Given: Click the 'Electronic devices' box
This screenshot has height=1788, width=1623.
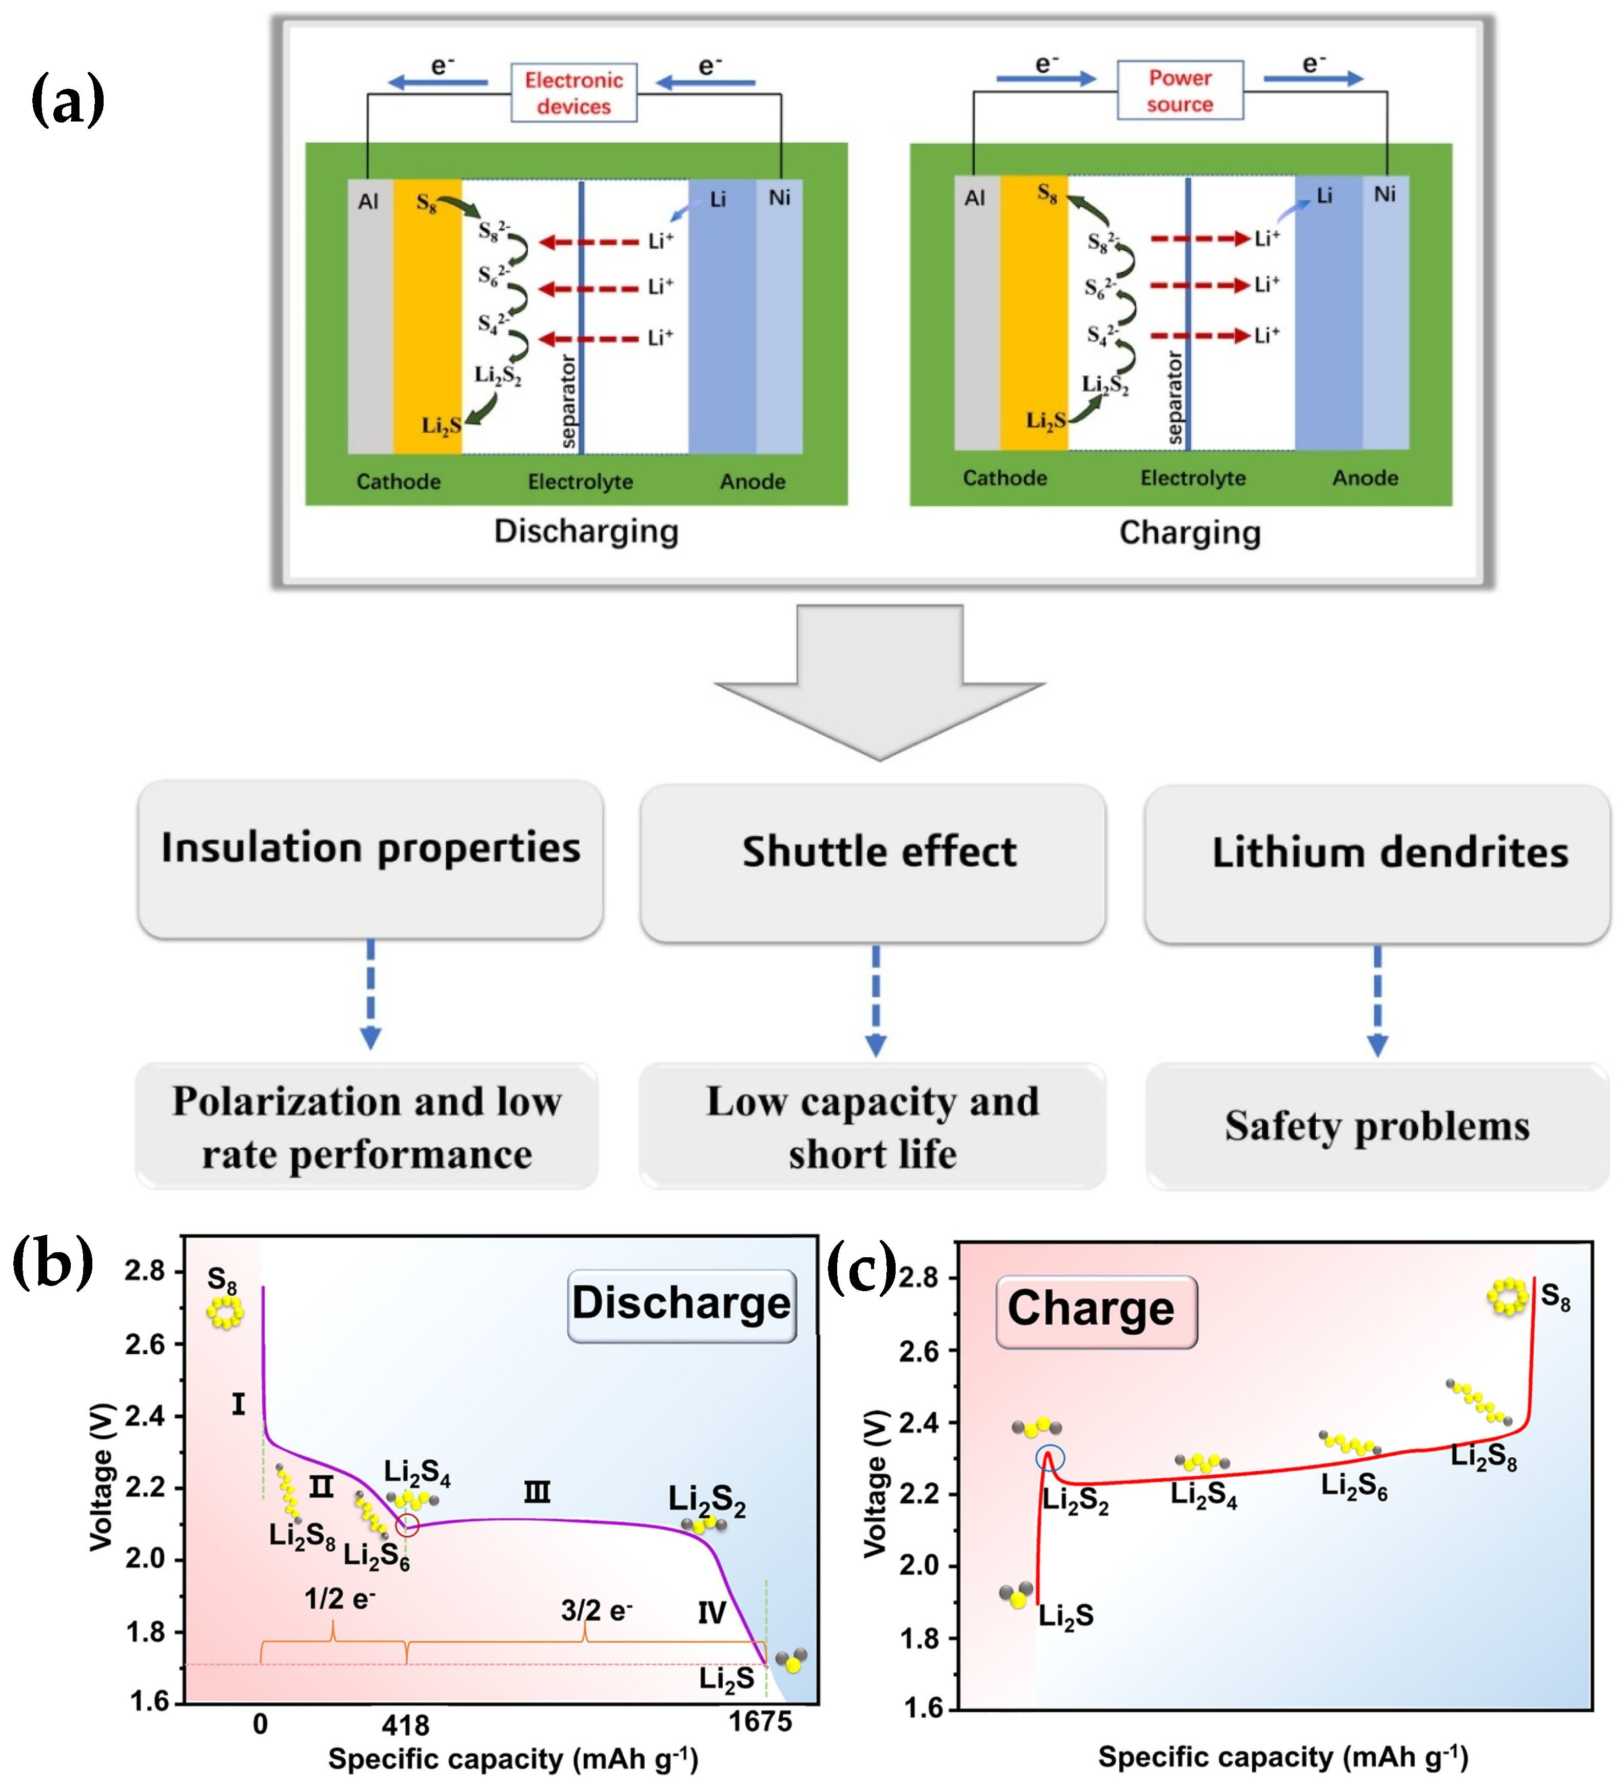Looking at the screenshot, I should tap(573, 92).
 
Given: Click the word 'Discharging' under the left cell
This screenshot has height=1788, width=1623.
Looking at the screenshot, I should tap(586, 531).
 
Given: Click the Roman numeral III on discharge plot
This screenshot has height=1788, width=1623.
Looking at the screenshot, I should tap(537, 1492).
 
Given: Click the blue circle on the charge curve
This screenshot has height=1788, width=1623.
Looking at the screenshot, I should tap(1050, 1459).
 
